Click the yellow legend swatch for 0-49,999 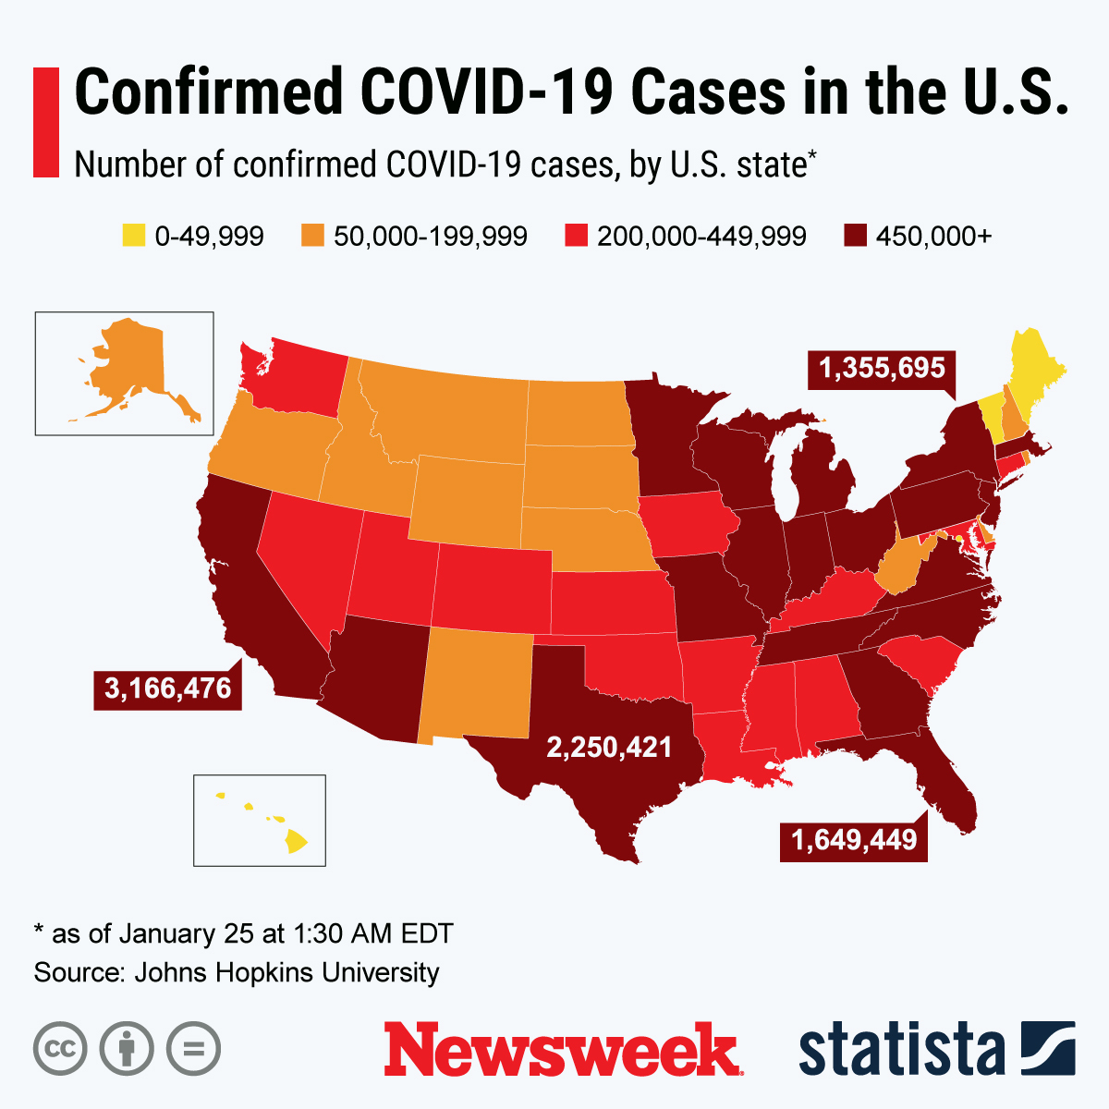[134, 236]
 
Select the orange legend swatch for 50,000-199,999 [312, 236]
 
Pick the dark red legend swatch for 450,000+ [855, 236]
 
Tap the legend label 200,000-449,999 [701, 237]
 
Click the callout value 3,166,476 [167, 689]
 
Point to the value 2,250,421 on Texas [609, 747]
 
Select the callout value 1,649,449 [853, 840]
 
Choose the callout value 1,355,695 [882, 369]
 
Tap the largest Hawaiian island [295, 841]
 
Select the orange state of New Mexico [476, 684]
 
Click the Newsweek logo [562, 1049]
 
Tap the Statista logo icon [1048, 1049]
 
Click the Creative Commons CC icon [60, 1049]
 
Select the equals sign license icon [193, 1049]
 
